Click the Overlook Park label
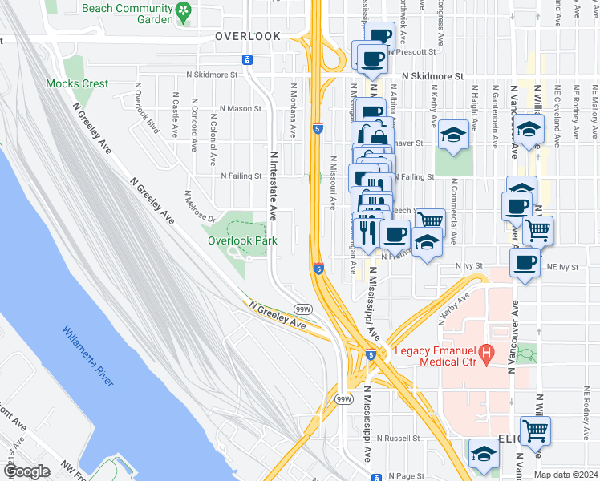(x=241, y=240)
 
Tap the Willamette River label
(x=87, y=355)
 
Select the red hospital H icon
(x=485, y=352)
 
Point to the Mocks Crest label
(x=77, y=83)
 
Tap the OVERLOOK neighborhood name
(x=248, y=36)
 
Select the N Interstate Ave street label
(x=274, y=187)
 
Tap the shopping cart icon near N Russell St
(x=535, y=430)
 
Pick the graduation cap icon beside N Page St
(x=484, y=454)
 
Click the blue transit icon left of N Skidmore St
(x=248, y=60)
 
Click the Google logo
(x=26, y=471)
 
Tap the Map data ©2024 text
(x=565, y=475)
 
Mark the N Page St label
(x=398, y=475)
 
